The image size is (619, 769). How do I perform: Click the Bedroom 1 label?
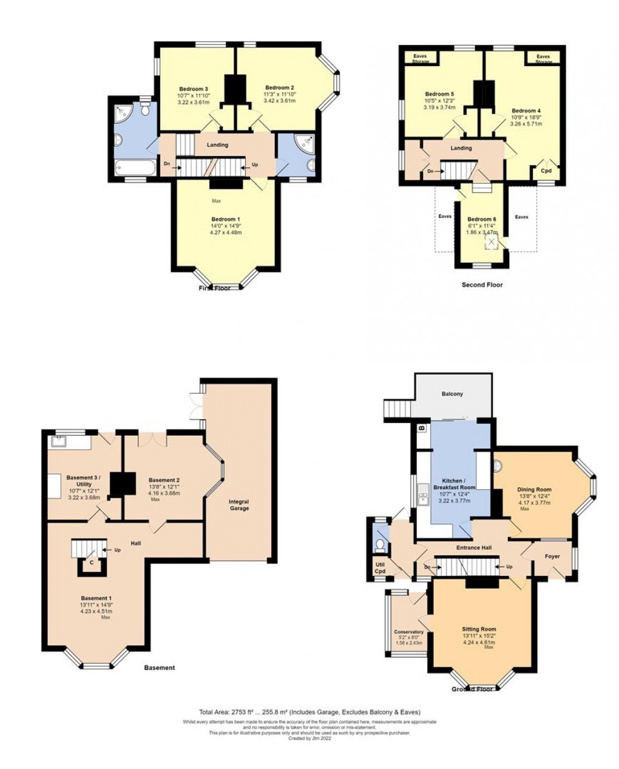click(x=226, y=219)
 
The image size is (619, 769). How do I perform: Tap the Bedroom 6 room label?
click(x=482, y=219)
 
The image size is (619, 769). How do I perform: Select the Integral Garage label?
click(x=239, y=505)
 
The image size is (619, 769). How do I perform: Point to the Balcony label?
click(x=452, y=394)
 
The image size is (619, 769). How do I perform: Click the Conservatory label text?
click(x=408, y=632)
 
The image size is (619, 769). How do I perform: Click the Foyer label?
click(x=552, y=556)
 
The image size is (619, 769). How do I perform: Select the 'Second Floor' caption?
click(x=482, y=285)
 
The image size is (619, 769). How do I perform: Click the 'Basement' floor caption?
click(x=160, y=668)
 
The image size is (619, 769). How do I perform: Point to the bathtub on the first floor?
click(x=134, y=167)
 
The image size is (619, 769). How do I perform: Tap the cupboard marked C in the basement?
click(x=91, y=563)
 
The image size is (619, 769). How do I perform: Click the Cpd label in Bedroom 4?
click(x=546, y=171)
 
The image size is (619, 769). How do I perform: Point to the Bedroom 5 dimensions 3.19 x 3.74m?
click(x=439, y=107)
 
